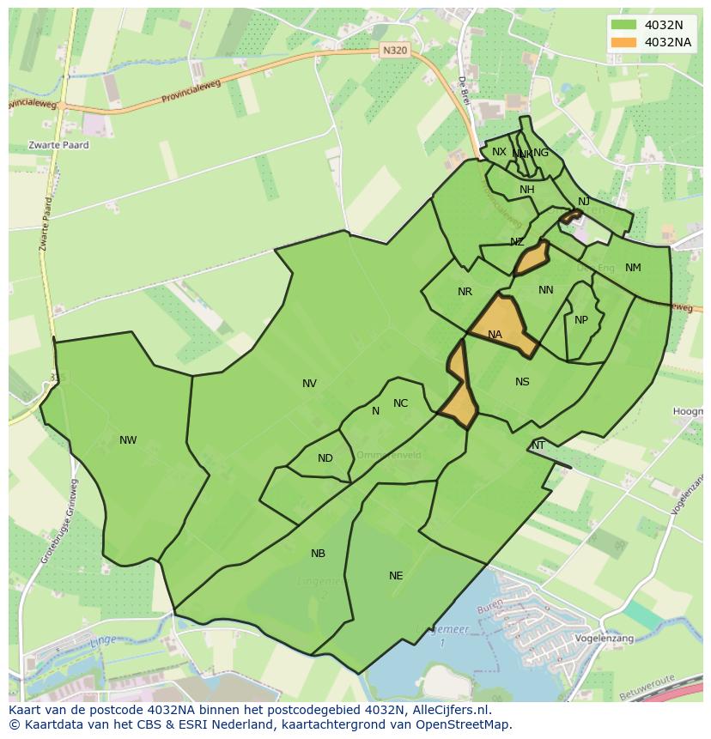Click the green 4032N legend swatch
[x=624, y=25]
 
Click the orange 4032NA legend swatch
[x=624, y=42]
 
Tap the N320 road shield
[x=394, y=51]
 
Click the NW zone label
[x=128, y=440]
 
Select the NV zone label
[x=309, y=384]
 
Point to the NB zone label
[x=318, y=554]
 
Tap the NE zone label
[x=396, y=576]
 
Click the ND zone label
[x=325, y=458]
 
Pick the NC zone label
[x=400, y=403]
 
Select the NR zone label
[x=465, y=292]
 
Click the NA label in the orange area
[x=495, y=335]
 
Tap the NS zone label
[x=522, y=382]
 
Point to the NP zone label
[x=581, y=320]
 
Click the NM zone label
[x=633, y=268]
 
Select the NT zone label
[x=538, y=445]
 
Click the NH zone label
[x=526, y=190]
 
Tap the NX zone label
[x=499, y=152]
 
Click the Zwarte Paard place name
[x=58, y=145]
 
